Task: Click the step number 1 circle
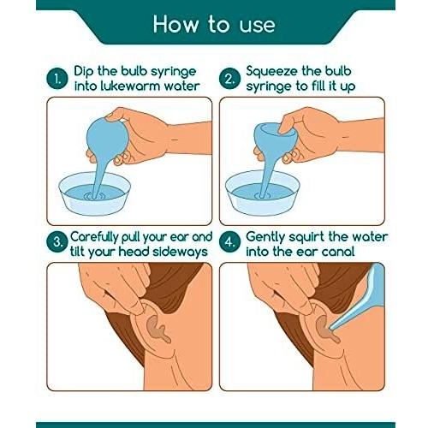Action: click(57, 79)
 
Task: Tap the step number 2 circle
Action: click(230, 79)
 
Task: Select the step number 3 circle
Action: click(57, 242)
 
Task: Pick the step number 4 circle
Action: click(230, 242)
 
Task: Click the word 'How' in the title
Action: click(175, 24)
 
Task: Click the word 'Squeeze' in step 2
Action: click(271, 72)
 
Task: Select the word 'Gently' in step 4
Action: click(265, 238)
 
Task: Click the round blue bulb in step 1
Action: click(106, 139)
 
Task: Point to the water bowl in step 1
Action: click(95, 193)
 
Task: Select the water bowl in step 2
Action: click(263, 193)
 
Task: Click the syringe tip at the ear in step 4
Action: click(331, 328)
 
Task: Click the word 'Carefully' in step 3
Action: click(94, 238)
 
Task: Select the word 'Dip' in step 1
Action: click(83, 72)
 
